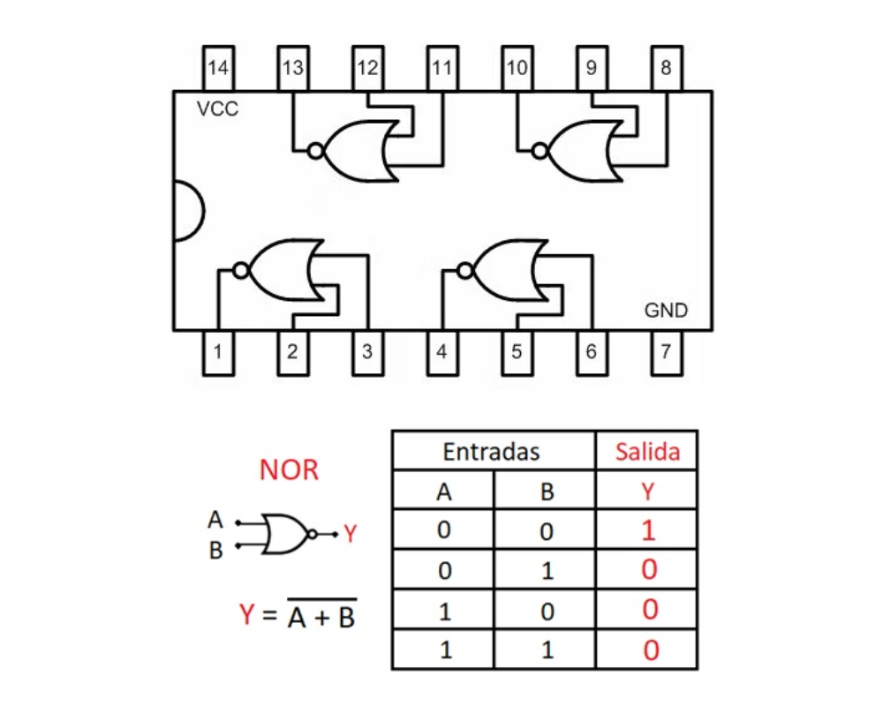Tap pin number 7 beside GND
(666, 352)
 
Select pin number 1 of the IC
(217, 352)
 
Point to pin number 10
(517, 68)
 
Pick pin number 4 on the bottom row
(441, 352)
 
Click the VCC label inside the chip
(217, 109)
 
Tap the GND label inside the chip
(666, 311)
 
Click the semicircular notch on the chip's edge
(186, 211)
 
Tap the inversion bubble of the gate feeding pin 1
(239, 271)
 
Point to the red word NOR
(289, 470)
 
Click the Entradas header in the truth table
(491, 452)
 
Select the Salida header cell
(648, 452)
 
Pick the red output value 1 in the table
(648, 530)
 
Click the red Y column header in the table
(648, 492)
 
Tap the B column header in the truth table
(547, 492)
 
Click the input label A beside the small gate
(215, 520)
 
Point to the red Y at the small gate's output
(351, 534)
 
